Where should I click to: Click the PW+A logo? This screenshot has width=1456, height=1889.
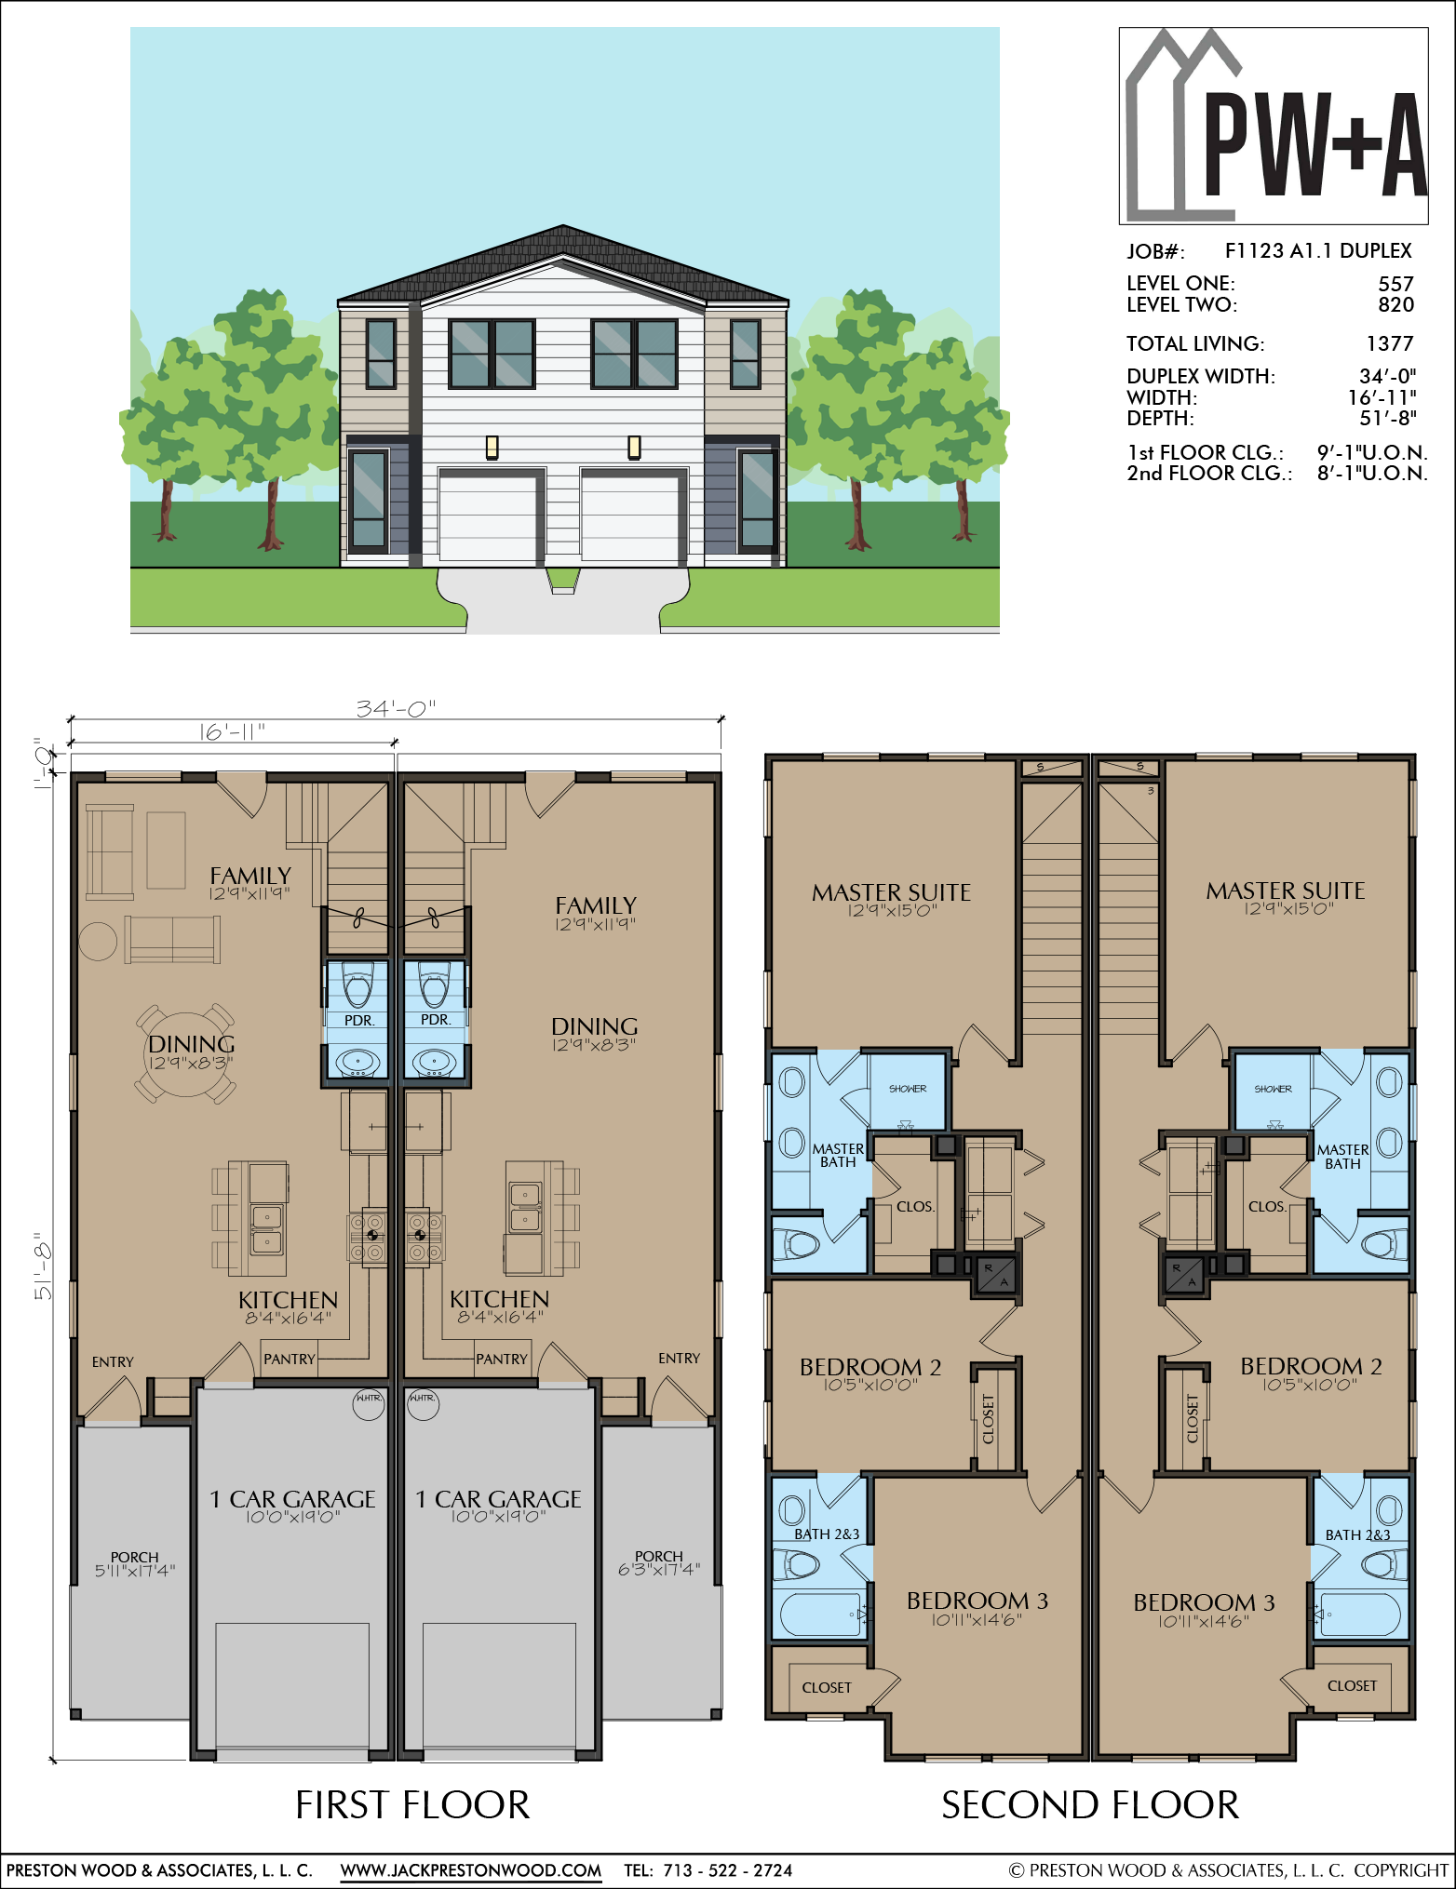(x=1274, y=126)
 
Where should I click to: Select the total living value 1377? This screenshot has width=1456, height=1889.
(x=1390, y=343)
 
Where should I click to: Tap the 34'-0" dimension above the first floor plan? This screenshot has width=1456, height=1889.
(x=396, y=709)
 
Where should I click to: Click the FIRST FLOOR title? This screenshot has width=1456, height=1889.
(x=412, y=1805)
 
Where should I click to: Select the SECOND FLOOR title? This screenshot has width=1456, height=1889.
(x=1090, y=1805)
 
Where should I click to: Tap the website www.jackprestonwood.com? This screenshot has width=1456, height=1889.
(x=470, y=1869)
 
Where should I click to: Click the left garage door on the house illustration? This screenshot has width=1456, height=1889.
(x=488, y=516)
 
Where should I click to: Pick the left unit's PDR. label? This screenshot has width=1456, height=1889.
(x=359, y=1020)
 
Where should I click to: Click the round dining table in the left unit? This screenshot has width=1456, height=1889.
(x=189, y=1054)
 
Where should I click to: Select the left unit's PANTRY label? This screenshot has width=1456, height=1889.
(x=290, y=1359)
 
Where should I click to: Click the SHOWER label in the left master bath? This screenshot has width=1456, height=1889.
(x=908, y=1089)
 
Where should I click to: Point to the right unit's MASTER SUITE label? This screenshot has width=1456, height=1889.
(x=1286, y=891)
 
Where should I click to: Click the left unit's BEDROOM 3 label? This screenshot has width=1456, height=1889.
(x=977, y=1601)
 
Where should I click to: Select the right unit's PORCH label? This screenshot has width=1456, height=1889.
(x=659, y=1556)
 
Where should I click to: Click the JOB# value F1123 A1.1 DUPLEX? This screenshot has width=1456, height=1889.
(x=1318, y=251)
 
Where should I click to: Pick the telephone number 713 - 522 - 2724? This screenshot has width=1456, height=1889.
(x=728, y=1869)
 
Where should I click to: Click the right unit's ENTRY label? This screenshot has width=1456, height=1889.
(x=679, y=1359)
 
